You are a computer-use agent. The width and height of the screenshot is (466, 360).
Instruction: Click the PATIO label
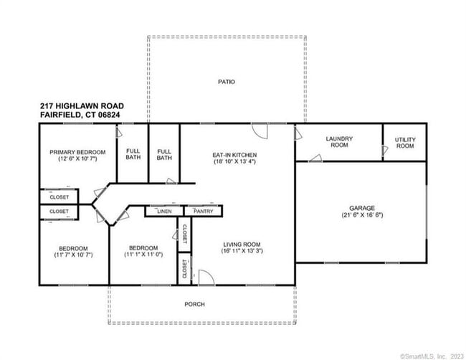(226, 82)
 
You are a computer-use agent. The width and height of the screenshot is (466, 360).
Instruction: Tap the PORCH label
(194, 304)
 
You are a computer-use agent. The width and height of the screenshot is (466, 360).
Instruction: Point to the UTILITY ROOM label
(405, 142)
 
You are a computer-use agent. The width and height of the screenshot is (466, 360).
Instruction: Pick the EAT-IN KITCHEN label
(234, 154)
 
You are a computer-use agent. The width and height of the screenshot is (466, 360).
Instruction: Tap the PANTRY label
(204, 212)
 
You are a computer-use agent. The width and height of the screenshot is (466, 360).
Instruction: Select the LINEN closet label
(163, 212)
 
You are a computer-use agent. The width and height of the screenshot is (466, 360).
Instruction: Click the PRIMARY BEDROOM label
(77, 152)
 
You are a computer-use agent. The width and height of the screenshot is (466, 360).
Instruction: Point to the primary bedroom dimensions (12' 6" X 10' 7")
(77, 159)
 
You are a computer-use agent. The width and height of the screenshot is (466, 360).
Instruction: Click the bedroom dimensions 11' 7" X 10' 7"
(73, 255)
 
